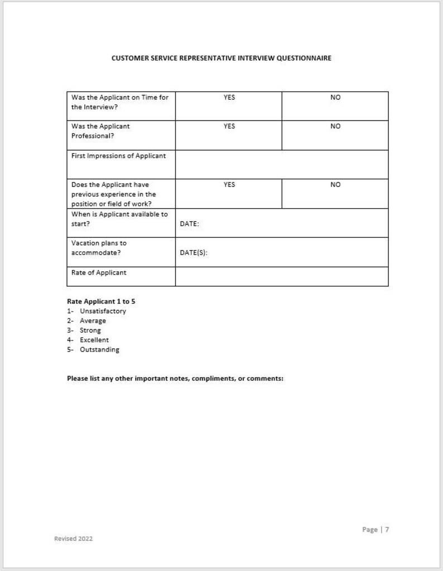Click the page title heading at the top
pyautogui.click(x=222, y=58)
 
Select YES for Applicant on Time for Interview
pyautogui.click(x=229, y=97)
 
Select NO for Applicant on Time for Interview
pyautogui.click(x=335, y=97)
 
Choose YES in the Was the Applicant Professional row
pyautogui.click(x=229, y=126)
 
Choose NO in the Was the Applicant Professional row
pyautogui.click(x=335, y=126)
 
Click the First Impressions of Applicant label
pyautogui.click(x=118, y=156)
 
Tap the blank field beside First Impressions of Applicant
pyautogui.click(x=282, y=164)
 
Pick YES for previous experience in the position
pyautogui.click(x=229, y=185)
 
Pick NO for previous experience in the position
pyautogui.click(x=335, y=185)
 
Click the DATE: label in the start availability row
pyautogui.click(x=190, y=224)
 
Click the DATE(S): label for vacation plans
pyautogui.click(x=194, y=253)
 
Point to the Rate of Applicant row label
pyautogui.click(x=99, y=273)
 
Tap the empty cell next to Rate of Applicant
pyautogui.click(x=282, y=276)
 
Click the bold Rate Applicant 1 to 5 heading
pyautogui.click(x=101, y=301)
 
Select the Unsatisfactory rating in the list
pyautogui.click(x=103, y=311)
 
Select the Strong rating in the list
pyautogui.click(x=90, y=330)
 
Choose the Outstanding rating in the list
pyautogui.click(x=99, y=349)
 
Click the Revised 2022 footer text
pyautogui.click(x=73, y=539)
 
